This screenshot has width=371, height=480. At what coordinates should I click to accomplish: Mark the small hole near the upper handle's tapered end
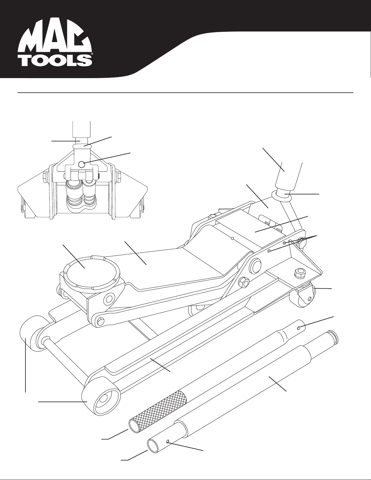[x=299, y=327]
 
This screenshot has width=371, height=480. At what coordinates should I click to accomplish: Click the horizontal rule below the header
[x=185, y=93]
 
